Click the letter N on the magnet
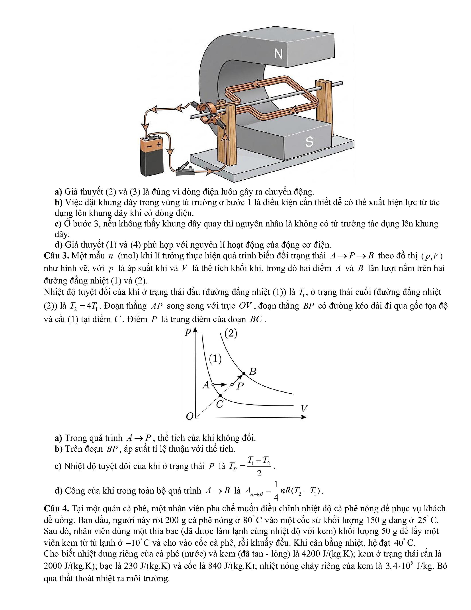[x=278, y=54]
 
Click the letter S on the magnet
[x=309, y=142]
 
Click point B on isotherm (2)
[x=244, y=373]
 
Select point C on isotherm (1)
[x=220, y=396]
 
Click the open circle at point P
[x=232, y=385]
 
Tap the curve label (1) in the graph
[x=215, y=359]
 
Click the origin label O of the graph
[x=190, y=416]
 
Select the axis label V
[x=304, y=409]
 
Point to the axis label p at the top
[x=188, y=332]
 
